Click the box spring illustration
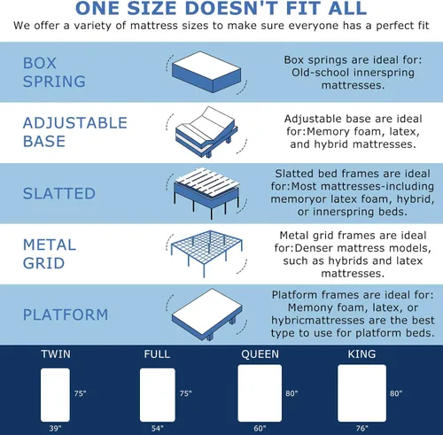click(x=206, y=73)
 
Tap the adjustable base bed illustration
click(x=206, y=132)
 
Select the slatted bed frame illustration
click(x=206, y=193)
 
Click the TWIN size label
click(x=56, y=354)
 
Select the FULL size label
click(x=157, y=354)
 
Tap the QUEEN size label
click(x=260, y=354)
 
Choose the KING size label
click(x=361, y=354)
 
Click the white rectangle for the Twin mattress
click(x=55, y=395)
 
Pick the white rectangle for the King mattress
click(x=361, y=393)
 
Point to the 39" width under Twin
click(x=55, y=428)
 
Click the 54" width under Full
click(x=158, y=428)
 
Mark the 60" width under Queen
click(x=260, y=428)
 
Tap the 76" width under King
click(x=361, y=428)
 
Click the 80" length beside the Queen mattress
click(x=291, y=393)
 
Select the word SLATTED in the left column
click(x=59, y=194)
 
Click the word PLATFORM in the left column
click(x=66, y=315)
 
